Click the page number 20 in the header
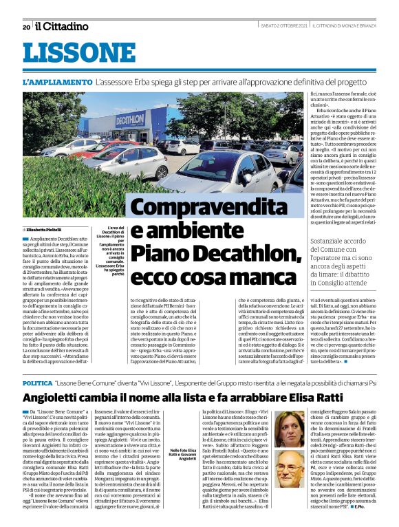click(x=26, y=27)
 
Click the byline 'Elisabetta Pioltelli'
click(x=45, y=228)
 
